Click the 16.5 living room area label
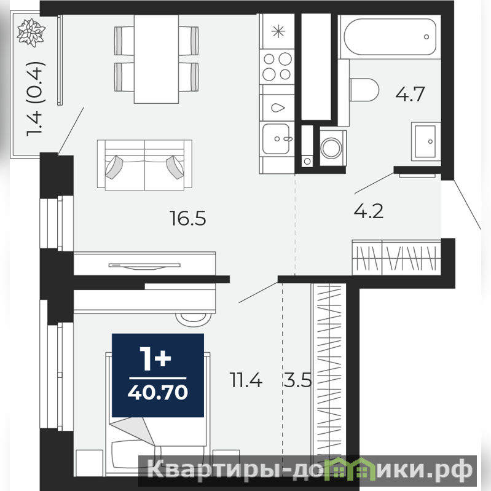[188, 218]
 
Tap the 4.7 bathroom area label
[410, 93]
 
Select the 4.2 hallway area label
[369, 211]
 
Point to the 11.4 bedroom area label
[246, 380]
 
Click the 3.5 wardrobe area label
[297, 380]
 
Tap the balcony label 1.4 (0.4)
[36, 99]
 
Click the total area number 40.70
[158, 392]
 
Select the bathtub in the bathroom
[390, 37]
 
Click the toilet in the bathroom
[363, 90]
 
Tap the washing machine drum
[332, 148]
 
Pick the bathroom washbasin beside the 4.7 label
[426, 141]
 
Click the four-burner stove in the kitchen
[277, 67]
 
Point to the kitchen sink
[276, 139]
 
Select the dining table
[156, 59]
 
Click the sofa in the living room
[144, 165]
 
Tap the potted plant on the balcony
[31, 33]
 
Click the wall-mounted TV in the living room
[144, 266]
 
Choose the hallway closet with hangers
[396, 257]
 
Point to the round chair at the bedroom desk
[193, 320]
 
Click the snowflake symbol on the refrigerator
[278, 31]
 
